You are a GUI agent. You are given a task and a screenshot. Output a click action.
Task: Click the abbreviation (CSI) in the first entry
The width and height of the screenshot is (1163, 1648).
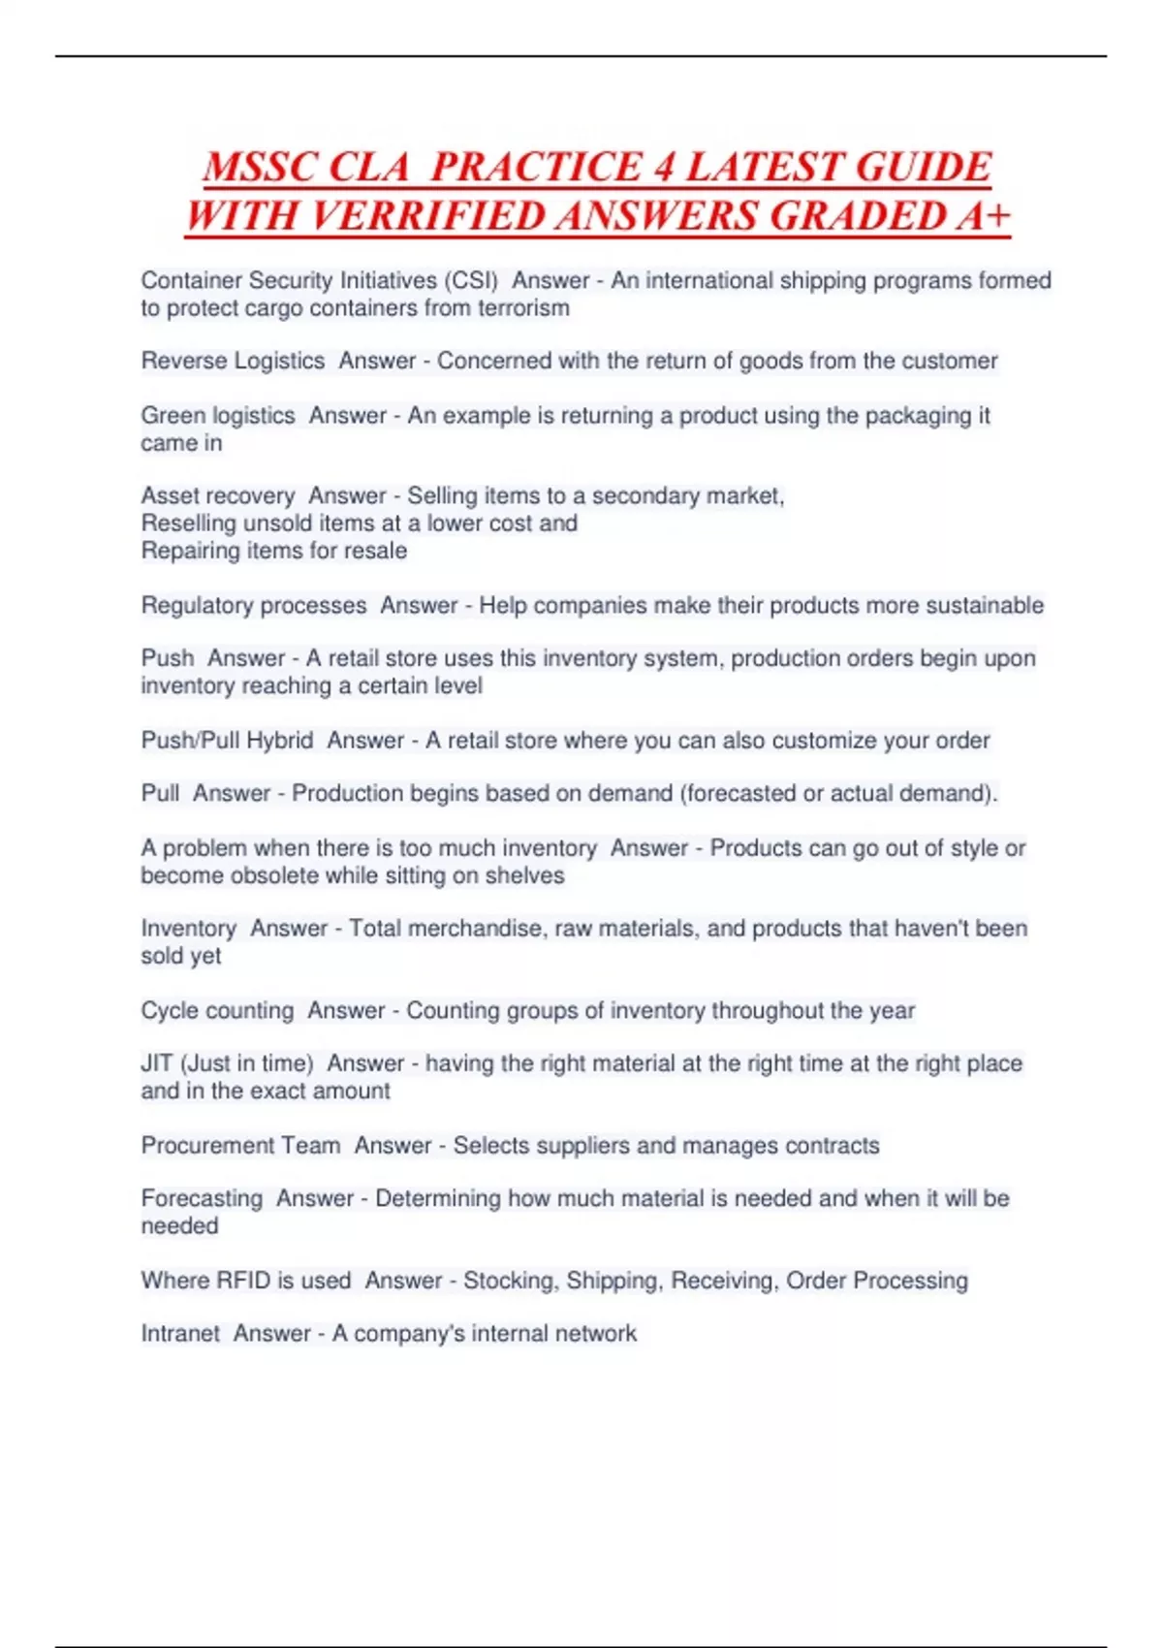(471, 280)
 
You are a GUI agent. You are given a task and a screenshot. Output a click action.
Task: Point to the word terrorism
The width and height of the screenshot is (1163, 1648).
(523, 308)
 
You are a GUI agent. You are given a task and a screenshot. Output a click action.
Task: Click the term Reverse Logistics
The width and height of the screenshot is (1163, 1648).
(233, 361)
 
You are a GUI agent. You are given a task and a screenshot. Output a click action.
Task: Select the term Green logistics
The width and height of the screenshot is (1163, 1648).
(218, 415)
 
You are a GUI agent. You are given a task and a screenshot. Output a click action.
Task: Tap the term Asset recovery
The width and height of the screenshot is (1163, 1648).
(218, 495)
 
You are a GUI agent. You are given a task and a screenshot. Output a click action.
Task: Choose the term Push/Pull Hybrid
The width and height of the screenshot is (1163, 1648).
(227, 740)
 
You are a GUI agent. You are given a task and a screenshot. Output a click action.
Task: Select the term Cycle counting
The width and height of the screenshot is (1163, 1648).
(217, 1010)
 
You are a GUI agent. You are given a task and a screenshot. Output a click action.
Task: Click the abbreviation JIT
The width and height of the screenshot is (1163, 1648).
(157, 1062)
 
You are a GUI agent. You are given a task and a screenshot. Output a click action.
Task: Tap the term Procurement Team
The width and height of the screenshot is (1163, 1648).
(240, 1145)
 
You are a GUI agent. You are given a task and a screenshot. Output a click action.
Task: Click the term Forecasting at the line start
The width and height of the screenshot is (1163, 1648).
(202, 1198)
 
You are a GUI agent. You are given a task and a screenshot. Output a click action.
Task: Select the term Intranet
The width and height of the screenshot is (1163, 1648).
(180, 1333)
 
